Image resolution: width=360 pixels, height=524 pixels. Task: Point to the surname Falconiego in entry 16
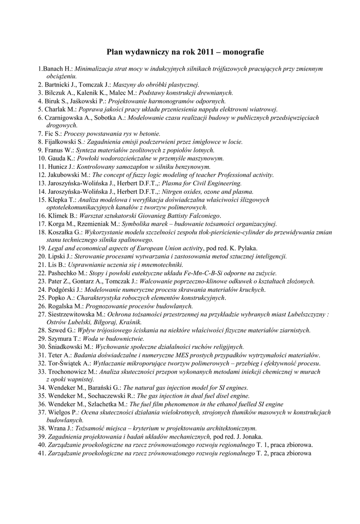tap(199, 216)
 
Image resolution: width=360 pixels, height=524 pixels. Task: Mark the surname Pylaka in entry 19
tap(246, 248)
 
